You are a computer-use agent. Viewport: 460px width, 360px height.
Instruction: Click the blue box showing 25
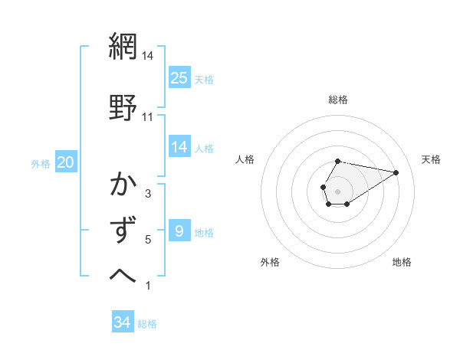click(x=179, y=77)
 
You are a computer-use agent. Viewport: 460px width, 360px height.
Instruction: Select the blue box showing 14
click(x=179, y=147)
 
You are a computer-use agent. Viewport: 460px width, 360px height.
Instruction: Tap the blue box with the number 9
click(x=179, y=231)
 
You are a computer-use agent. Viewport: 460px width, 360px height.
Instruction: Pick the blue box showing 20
click(x=66, y=162)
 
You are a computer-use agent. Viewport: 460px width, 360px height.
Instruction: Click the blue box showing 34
click(x=122, y=322)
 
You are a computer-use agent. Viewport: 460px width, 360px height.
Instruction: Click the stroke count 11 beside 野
click(x=147, y=116)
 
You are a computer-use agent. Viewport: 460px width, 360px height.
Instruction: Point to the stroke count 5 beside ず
click(x=147, y=240)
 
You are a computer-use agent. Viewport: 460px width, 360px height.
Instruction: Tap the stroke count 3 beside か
click(x=147, y=194)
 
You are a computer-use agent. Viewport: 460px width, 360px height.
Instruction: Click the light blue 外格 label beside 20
click(x=41, y=163)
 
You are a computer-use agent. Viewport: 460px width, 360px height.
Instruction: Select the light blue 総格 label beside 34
click(x=147, y=324)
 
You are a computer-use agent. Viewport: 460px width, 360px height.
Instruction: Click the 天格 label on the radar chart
click(x=431, y=159)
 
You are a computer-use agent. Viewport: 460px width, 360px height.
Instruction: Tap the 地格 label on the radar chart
click(x=402, y=262)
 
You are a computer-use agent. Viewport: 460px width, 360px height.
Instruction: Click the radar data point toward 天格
click(x=396, y=172)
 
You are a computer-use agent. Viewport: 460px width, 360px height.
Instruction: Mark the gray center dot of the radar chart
click(x=337, y=190)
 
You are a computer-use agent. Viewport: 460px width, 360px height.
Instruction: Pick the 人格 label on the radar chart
click(x=245, y=159)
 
